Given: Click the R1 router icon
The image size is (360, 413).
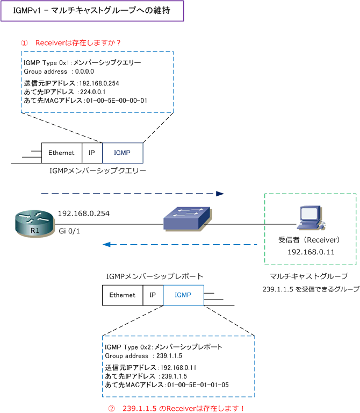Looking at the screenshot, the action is click(x=35, y=223).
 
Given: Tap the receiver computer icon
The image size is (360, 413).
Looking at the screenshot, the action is click(x=311, y=218).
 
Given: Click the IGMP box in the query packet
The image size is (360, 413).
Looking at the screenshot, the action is click(x=123, y=153).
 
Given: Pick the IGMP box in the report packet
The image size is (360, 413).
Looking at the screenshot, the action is click(x=183, y=295).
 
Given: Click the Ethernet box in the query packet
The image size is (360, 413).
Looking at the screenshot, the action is click(x=62, y=153).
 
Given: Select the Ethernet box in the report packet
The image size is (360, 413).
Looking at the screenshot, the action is click(x=123, y=295).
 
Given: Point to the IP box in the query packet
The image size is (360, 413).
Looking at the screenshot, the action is click(x=92, y=153).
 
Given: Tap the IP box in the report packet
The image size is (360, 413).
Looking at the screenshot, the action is click(x=153, y=295).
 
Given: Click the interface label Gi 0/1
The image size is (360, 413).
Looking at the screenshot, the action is click(x=69, y=231).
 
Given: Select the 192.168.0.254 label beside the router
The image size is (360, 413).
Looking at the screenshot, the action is click(x=84, y=213).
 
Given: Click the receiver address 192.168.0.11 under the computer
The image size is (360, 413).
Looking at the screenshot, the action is click(x=311, y=252).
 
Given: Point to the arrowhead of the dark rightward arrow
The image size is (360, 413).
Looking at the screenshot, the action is click(x=220, y=194).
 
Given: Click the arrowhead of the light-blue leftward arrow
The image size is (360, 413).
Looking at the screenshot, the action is click(x=106, y=245).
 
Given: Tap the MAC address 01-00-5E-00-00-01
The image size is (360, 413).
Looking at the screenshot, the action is click(x=117, y=101).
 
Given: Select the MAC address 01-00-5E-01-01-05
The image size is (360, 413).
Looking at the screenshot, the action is click(x=198, y=385).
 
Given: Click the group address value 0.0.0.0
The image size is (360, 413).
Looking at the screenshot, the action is click(x=84, y=72).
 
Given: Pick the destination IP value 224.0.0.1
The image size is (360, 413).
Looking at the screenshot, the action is click(x=93, y=92).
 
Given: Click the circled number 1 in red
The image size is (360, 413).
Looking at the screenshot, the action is click(x=24, y=42).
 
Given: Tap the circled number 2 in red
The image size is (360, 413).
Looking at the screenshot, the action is click(x=112, y=409).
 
